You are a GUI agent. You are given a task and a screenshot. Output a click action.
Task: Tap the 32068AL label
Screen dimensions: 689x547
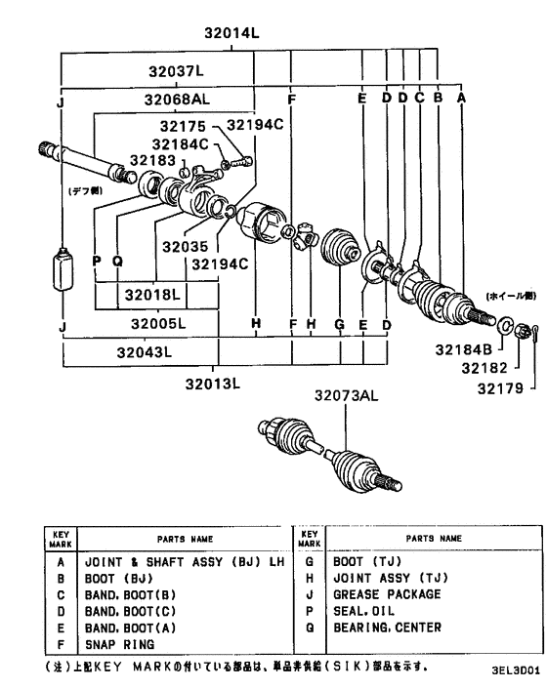pos(177,99)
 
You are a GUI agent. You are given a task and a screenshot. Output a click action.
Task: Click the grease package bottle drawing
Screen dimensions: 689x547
pos(62,270)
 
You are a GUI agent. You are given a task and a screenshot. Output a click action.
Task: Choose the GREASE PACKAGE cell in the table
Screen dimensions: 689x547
pos(388,593)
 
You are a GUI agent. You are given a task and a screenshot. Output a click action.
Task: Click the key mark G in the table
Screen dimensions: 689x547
pos(310,562)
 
